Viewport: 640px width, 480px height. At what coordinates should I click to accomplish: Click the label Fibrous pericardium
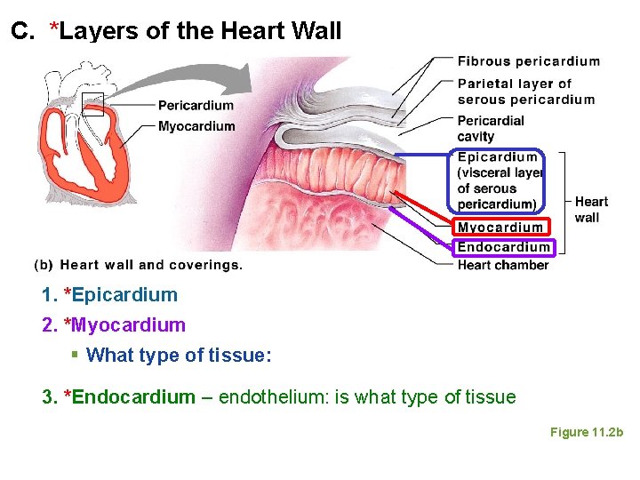[528, 61]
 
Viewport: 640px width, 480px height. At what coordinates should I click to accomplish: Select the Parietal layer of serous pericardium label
[525, 91]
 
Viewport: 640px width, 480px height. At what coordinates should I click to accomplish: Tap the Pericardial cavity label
[490, 128]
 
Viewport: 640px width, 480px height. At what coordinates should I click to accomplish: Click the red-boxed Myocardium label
[500, 228]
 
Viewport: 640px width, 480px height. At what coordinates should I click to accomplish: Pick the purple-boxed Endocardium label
[503, 247]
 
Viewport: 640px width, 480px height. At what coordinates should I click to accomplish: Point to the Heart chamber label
[502, 265]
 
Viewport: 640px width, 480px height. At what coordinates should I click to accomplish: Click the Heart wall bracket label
[591, 210]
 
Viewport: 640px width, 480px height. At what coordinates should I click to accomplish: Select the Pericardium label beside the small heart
[196, 105]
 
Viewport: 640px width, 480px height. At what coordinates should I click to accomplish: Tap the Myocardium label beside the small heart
[196, 126]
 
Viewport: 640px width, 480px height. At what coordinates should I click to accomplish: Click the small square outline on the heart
[92, 104]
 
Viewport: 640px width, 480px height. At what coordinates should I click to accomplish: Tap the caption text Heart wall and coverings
[151, 265]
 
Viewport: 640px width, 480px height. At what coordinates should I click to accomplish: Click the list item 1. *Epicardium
[109, 295]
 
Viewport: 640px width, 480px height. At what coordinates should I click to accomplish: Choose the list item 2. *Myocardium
[114, 325]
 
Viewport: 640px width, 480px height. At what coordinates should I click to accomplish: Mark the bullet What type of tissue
[178, 356]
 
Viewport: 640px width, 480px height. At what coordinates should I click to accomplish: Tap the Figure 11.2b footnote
[587, 432]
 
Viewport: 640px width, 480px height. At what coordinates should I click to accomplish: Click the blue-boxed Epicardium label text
[498, 157]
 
